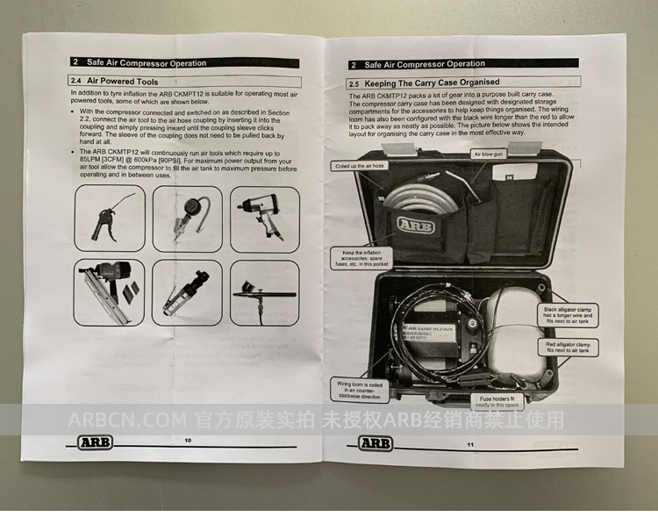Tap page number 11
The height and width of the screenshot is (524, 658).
coord(470,445)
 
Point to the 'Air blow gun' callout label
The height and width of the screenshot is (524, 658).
coord(489,154)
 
